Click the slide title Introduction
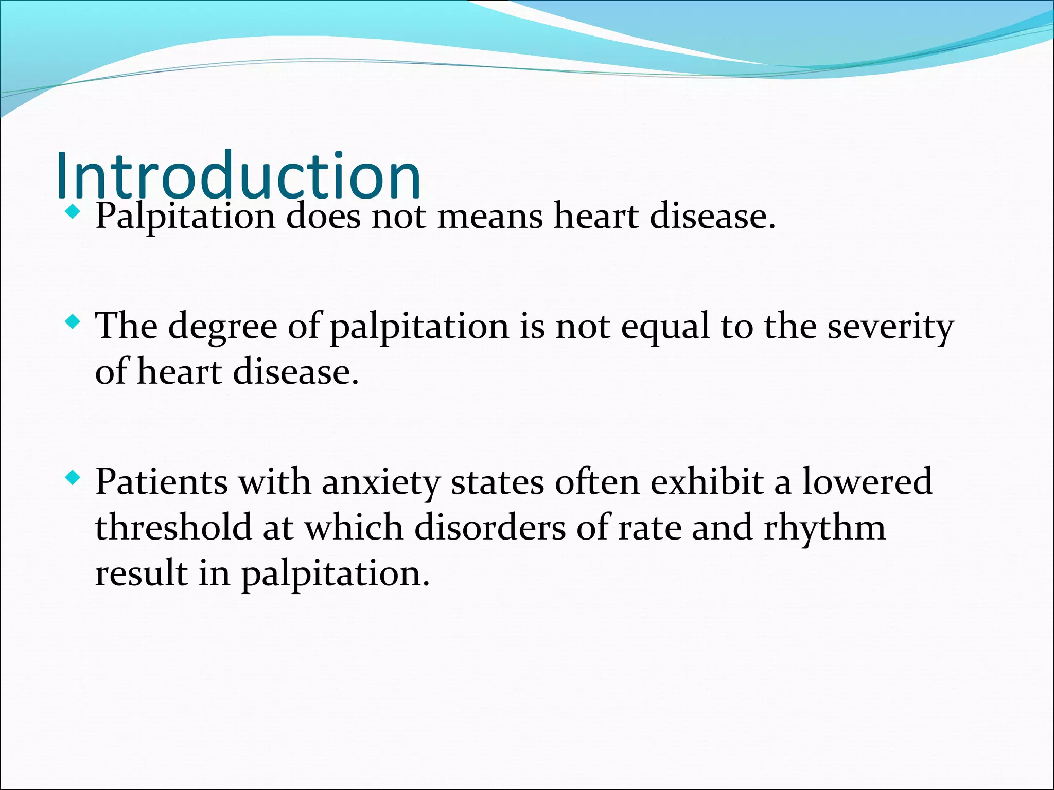[238, 175]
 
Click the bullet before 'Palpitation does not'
[73, 211]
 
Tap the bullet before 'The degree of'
[73, 322]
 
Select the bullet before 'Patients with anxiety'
[73, 478]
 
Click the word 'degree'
[222, 328]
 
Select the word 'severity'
[890, 328]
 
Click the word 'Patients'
[162, 482]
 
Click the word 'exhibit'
[707, 482]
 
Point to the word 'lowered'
[868, 482]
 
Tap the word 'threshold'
[173, 528]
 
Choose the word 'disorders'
[489, 528]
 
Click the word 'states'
[497, 482]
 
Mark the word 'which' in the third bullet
[354, 528]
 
